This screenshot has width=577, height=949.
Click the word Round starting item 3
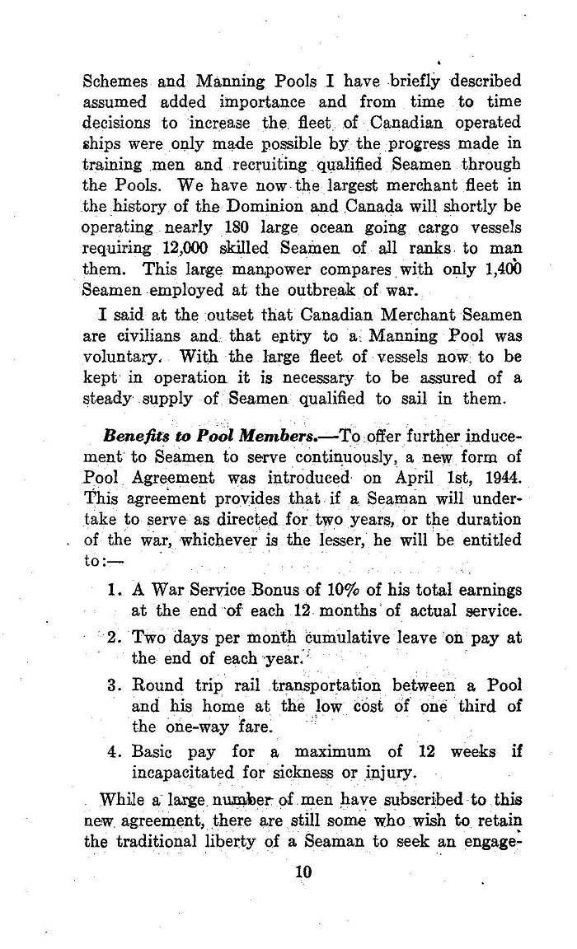pos(157,685)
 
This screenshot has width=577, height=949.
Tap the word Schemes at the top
pos(116,82)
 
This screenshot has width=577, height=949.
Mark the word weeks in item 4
pos(476,752)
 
